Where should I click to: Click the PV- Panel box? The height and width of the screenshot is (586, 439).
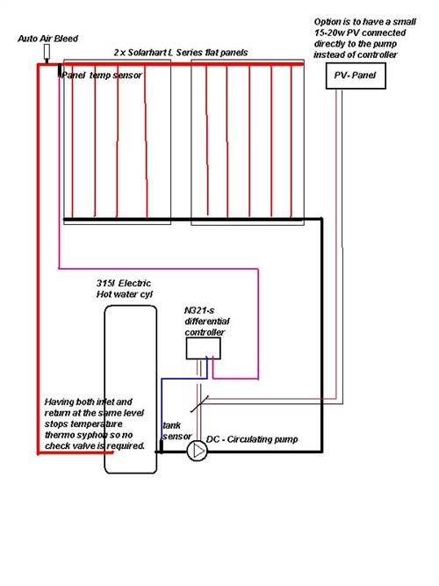coord(356,76)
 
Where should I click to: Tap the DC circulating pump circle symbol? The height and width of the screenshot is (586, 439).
coord(197,451)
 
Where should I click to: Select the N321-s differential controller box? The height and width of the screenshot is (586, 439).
coord(203,349)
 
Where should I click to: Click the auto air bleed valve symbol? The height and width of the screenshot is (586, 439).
coord(47,53)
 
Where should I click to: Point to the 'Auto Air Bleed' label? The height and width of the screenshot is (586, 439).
coord(47,39)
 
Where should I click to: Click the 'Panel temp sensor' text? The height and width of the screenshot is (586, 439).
coord(102,76)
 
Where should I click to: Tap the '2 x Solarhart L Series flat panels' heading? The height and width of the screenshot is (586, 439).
coord(181,53)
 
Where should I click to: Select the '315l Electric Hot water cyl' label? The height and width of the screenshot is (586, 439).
coord(124,289)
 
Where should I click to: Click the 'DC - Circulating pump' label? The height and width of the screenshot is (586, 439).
coord(252,439)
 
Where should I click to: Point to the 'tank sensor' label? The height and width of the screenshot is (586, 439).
coord(176,430)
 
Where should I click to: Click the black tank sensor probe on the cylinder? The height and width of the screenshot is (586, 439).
coord(161,446)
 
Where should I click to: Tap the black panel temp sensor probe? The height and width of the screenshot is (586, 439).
coord(59,69)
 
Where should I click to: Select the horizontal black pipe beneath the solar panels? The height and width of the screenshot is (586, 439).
coord(192,220)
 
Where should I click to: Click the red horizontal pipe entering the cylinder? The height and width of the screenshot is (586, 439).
coord(76,452)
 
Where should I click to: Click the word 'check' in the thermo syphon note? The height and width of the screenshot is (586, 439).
coord(55,445)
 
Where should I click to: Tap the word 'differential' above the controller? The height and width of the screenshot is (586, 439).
coord(207,322)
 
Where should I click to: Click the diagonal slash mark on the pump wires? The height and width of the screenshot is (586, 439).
coord(199,404)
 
